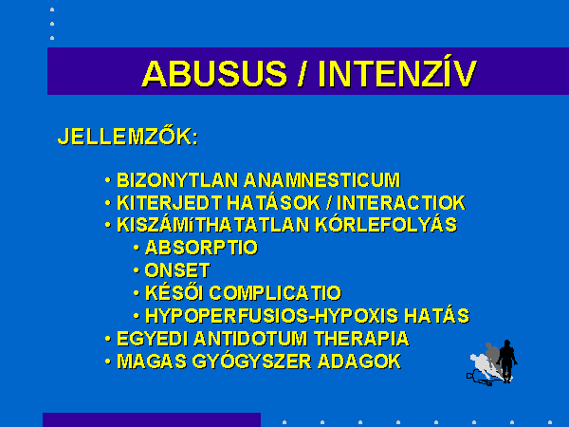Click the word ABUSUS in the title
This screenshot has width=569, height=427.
pos(214,74)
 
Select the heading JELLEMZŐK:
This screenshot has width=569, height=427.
pos(128,136)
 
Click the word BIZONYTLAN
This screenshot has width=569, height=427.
pos(177,180)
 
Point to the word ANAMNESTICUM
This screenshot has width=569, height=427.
pos(321,180)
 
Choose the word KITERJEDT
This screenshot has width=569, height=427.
pos(169,203)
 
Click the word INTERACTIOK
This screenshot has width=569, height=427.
pos(401,203)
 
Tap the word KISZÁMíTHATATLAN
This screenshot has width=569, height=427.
pos(213,224)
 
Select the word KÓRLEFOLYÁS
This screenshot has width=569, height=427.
pos(386,224)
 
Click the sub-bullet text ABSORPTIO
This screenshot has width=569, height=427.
pos(201,248)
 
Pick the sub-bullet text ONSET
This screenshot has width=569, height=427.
pos(177,270)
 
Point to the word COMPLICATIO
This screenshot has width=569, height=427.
pos(275,293)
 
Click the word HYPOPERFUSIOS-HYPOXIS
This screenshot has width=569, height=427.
pos(272,316)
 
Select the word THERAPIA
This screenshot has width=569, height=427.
pos(361,339)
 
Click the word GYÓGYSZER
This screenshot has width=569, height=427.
pos(251,361)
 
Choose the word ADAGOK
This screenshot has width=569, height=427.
pos(359,362)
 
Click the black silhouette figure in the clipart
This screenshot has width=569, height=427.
pos(506,360)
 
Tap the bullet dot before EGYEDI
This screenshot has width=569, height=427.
pos(108,339)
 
